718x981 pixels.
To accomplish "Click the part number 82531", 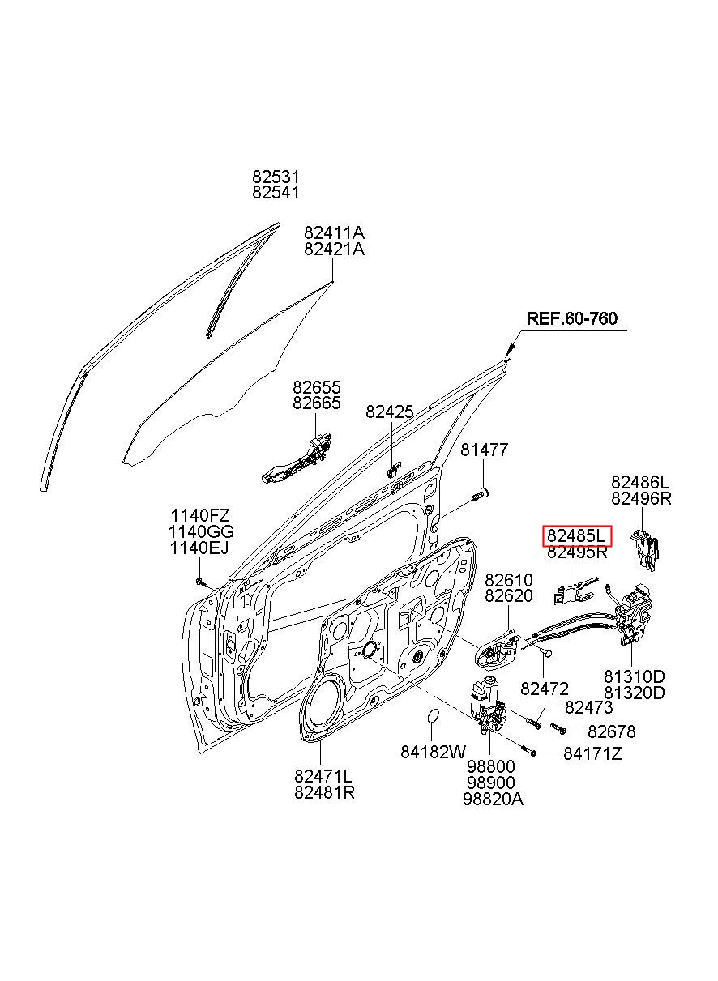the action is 276,177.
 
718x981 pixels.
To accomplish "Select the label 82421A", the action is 334,250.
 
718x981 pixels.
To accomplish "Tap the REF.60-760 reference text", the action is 571,318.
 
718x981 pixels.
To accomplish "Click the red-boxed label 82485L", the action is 576,535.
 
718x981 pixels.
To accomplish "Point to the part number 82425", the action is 390,412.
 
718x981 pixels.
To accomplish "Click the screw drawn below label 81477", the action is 480,495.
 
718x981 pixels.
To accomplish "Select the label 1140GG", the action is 201,531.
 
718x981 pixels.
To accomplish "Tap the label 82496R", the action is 641,498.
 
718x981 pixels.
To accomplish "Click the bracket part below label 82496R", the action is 645,549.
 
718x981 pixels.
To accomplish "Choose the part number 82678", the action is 612,731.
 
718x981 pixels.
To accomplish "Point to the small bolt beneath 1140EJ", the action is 201,582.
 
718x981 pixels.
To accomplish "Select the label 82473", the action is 589,707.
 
